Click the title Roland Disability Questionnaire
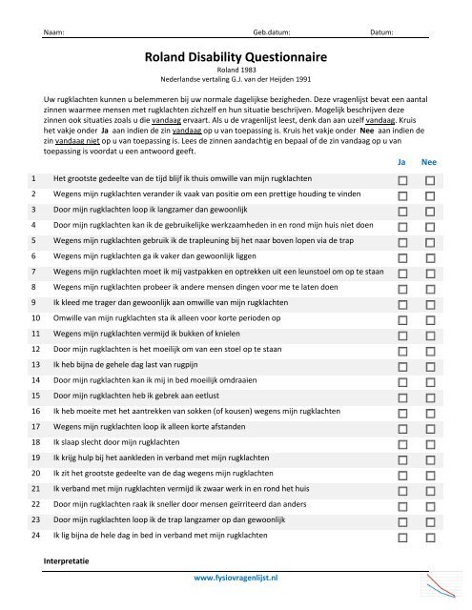235,58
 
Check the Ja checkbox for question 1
403,152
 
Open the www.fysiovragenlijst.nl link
235,578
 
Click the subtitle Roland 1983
235,71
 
